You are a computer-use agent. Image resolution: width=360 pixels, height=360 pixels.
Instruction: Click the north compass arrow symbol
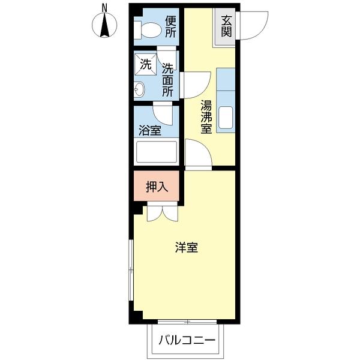click(104, 26)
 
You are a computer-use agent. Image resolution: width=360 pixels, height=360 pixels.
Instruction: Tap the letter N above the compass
click(104, 7)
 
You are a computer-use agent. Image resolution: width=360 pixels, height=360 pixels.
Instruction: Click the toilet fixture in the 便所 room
click(148, 29)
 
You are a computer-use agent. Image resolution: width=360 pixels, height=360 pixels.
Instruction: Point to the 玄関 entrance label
click(226, 26)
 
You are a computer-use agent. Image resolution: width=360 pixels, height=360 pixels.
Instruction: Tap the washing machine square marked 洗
click(146, 63)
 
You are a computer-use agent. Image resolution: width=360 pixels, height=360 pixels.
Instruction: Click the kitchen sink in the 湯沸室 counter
click(226, 117)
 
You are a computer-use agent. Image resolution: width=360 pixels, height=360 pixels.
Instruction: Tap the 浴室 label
click(149, 130)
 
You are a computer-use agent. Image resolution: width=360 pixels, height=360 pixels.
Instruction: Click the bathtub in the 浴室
click(156, 152)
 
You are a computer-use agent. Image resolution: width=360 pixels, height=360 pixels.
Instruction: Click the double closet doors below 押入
click(161, 213)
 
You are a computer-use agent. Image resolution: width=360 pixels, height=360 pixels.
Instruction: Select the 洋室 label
click(187, 248)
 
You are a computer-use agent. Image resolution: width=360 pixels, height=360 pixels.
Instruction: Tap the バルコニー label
click(187, 340)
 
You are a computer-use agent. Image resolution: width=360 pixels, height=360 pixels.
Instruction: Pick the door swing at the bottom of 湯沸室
click(197, 154)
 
